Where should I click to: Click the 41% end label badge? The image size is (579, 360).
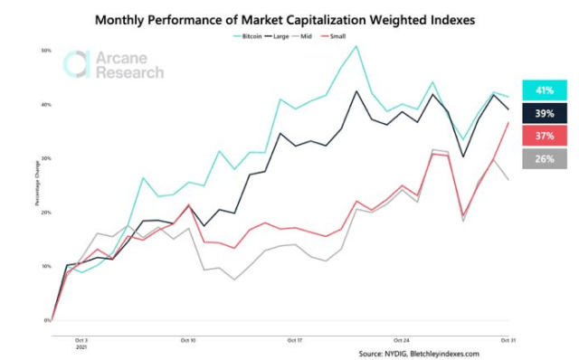tap(544, 90)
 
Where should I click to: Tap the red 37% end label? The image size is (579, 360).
tap(544, 135)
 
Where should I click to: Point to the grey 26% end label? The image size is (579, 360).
tap(544, 159)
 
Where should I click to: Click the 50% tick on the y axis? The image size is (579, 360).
tap(45, 51)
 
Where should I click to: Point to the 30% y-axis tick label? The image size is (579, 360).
tap(45, 158)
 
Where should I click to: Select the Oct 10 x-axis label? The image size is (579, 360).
tap(188, 340)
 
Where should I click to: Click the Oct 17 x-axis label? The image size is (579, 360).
tap(294, 340)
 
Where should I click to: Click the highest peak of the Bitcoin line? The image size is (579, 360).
tap(356, 45)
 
